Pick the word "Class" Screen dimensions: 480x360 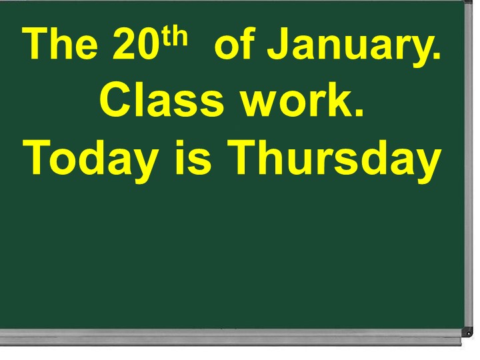[x=161, y=99]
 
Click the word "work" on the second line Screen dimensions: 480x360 [x=294, y=100]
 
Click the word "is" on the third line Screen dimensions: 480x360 [x=193, y=157]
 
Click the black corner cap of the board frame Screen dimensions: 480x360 [x=468, y=332]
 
